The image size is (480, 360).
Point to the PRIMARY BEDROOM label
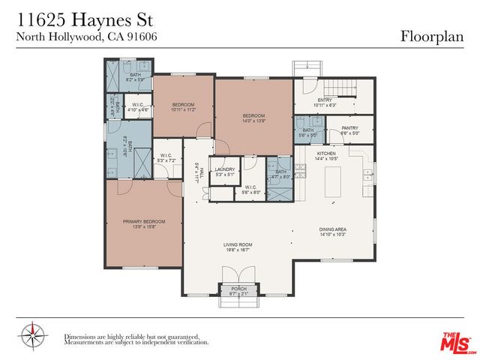click(x=144, y=222)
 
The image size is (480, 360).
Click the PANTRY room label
click(x=350, y=128)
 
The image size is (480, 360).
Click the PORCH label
click(x=238, y=289)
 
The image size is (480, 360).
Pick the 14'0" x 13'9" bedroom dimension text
click(x=253, y=120)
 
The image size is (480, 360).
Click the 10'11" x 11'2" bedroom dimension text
click(x=183, y=109)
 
